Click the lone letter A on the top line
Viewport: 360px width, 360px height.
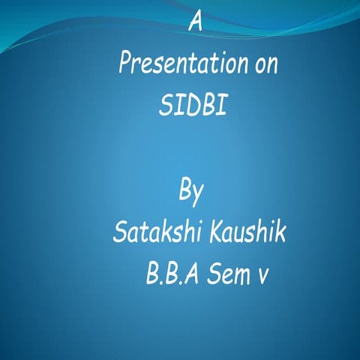[195, 22]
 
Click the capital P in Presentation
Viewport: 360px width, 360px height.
[124, 64]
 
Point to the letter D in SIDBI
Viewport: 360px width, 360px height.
[187, 106]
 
